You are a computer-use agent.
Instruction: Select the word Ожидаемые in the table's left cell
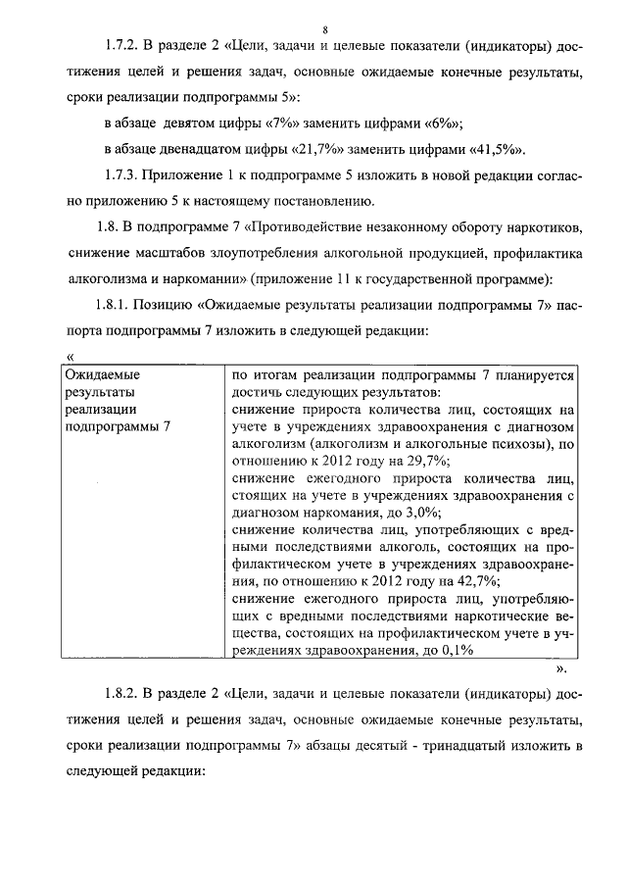101,374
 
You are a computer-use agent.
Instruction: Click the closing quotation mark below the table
560,670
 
